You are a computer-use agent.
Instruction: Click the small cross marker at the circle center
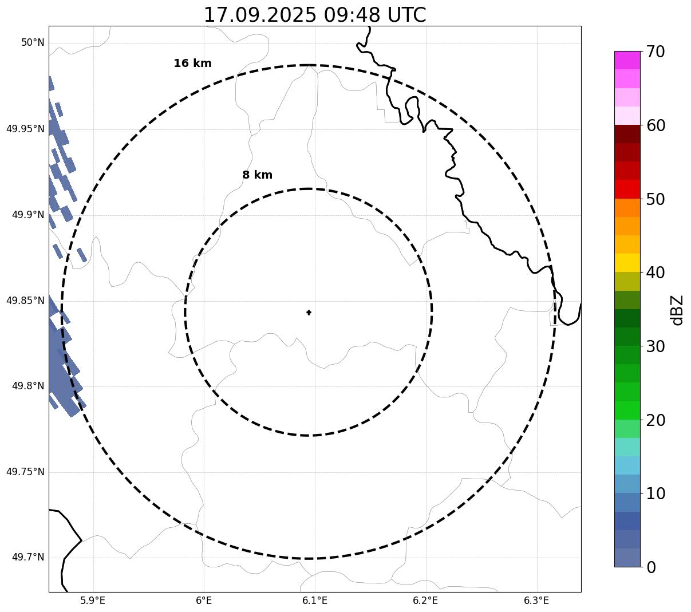click(x=309, y=313)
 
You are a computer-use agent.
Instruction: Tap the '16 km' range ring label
click(x=192, y=64)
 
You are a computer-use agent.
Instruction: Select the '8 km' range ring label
click(x=257, y=175)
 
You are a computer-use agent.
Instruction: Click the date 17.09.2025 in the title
click(x=259, y=15)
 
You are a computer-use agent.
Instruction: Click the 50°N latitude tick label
click(x=33, y=42)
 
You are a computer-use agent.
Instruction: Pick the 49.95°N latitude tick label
click(x=25, y=129)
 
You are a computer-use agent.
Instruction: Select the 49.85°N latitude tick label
click(x=25, y=301)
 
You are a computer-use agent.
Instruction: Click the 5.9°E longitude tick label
click(x=93, y=601)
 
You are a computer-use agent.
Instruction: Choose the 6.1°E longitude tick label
click(x=315, y=601)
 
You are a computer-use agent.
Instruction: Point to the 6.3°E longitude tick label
click(x=536, y=601)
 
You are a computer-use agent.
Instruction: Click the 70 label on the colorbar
click(x=656, y=52)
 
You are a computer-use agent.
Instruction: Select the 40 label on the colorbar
click(x=656, y=273)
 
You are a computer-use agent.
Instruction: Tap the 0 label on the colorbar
click(x=651, y=567)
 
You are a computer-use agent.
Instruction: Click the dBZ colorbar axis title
click(x=677, y=310)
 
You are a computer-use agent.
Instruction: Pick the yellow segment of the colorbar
click(x=627, y=263)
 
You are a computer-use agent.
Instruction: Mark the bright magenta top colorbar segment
click(x=627, y=60)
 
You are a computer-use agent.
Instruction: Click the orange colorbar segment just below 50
click(x=627, y=207)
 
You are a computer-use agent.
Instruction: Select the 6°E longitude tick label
click(x=204, y=601)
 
